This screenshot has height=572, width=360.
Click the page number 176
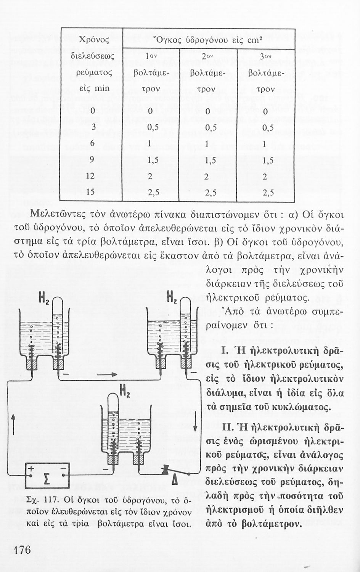click(x=22, y=550)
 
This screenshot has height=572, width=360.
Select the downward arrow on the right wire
click(x=195, y=424)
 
